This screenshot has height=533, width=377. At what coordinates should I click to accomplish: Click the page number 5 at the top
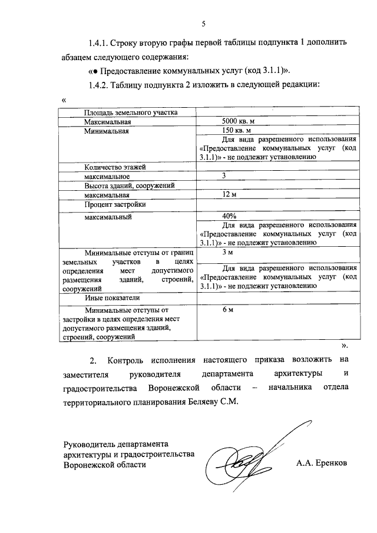pos(204,24)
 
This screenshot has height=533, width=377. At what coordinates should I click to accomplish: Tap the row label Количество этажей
pos(114,167)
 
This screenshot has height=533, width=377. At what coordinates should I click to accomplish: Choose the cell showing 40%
pos(223,215)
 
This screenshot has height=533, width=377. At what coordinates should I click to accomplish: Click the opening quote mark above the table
pos(63,100)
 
